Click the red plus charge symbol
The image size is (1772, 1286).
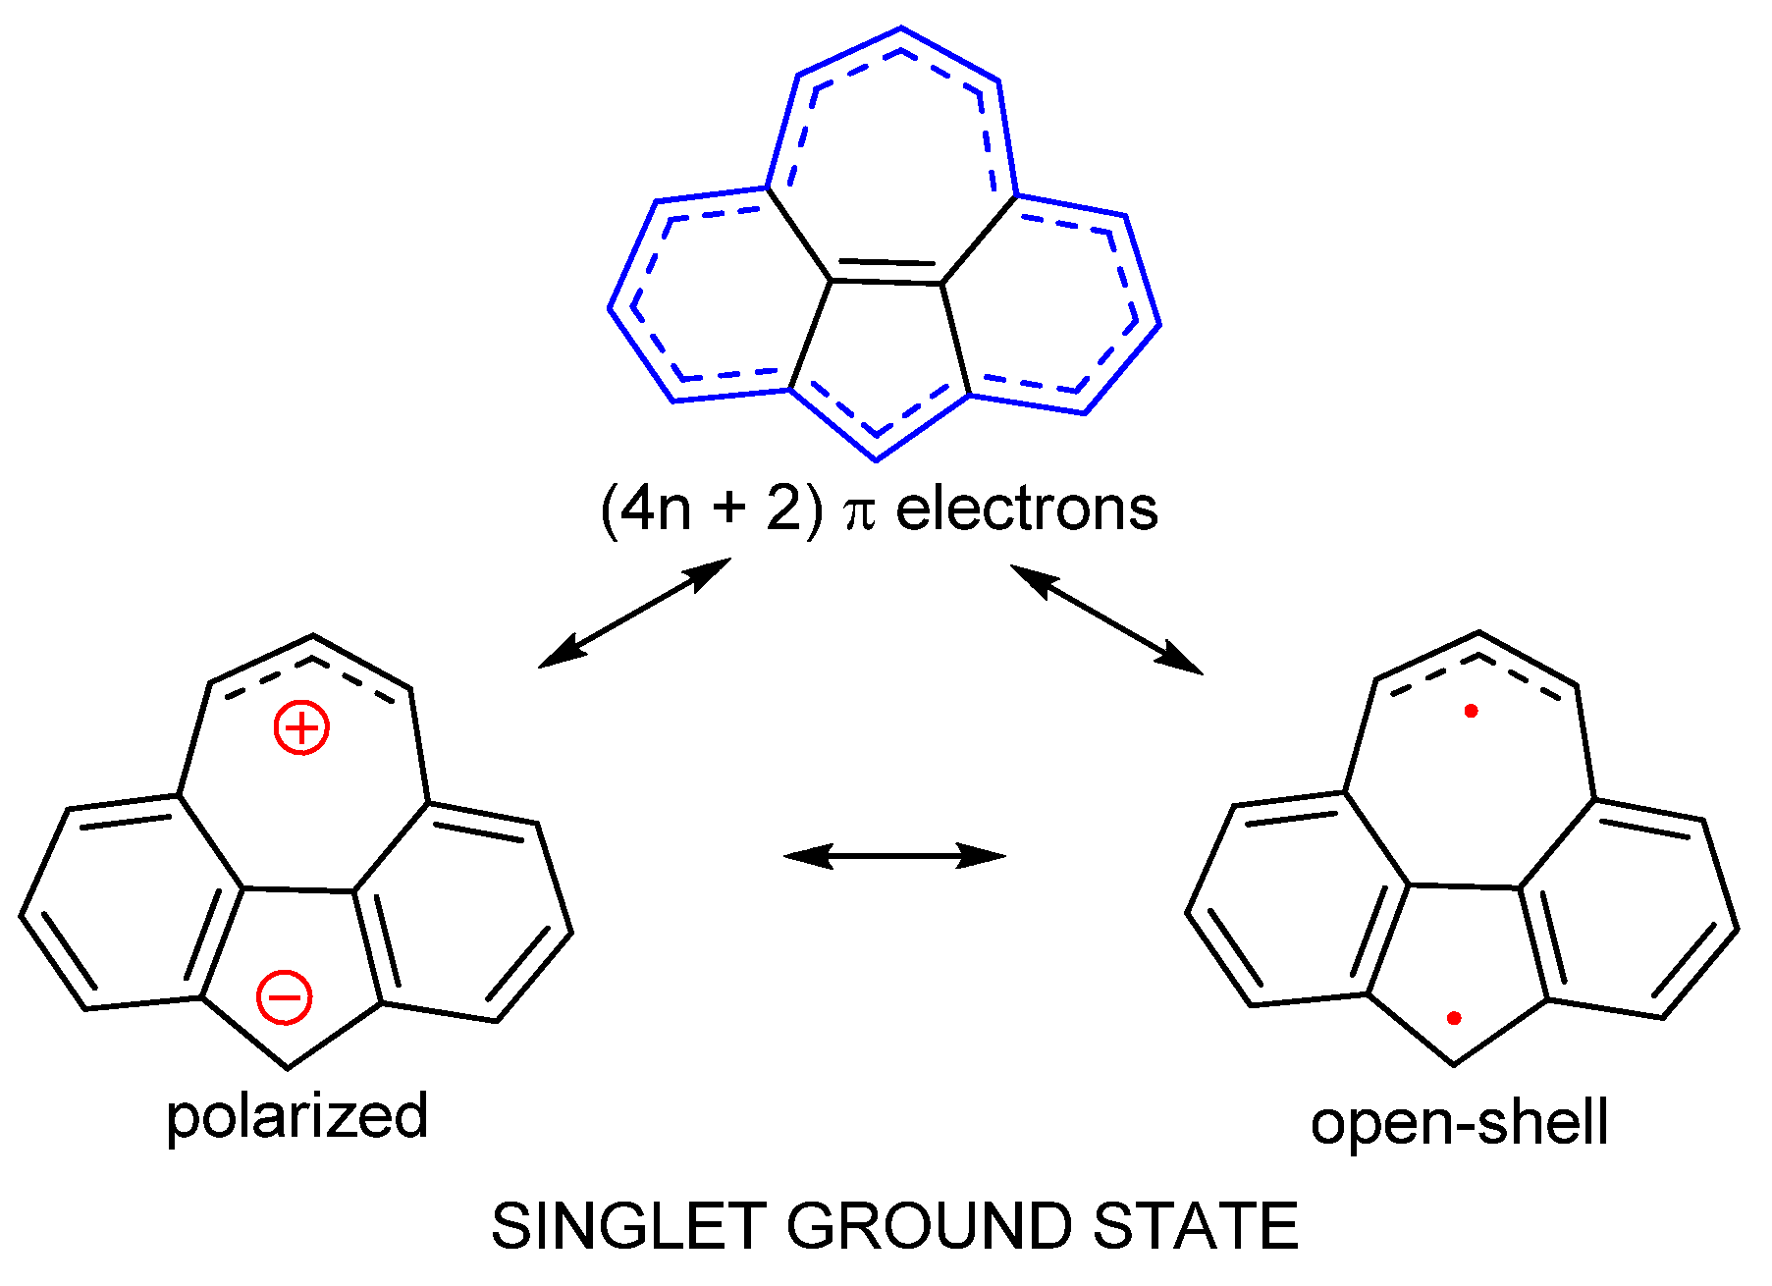coord(301,727)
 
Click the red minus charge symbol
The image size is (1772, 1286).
coord(285,996)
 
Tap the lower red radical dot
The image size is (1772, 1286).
coord(1454,1019)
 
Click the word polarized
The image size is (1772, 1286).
coord(297,1116)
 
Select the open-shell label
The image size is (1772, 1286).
coord(1459,1122)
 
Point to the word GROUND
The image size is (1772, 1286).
coord(929,1226)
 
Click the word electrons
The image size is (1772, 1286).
coord(1027,509)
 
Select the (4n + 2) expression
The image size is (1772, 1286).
coord(712,509)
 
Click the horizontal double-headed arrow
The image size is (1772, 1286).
coord(895,856)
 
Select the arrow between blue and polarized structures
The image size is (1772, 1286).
coord(635,613)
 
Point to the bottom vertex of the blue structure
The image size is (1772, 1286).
coord(877,459)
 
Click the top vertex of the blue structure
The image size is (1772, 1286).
coord(901,28)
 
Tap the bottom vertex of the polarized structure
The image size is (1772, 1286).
coord(288,1067)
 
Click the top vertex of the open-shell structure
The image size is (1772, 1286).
coord(1479,633)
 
